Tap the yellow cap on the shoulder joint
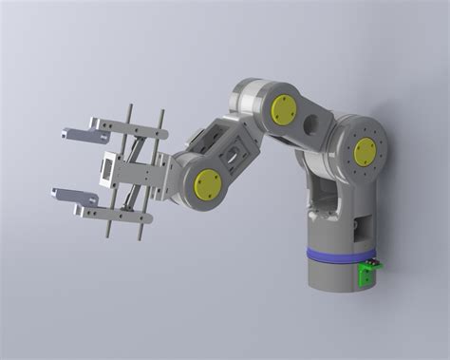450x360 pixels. pos(365,150)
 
